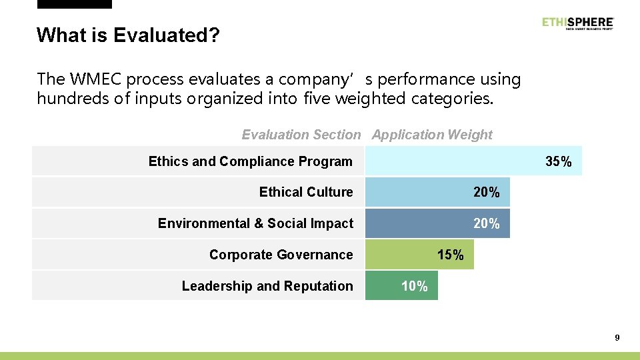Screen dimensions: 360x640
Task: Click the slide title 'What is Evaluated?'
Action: (127, 35)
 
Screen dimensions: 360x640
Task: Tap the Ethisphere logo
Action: (577, 23)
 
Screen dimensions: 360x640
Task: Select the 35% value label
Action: (558, 162)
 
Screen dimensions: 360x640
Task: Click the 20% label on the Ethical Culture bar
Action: (486, 193)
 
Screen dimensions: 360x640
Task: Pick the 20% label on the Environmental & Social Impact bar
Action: (486, 224)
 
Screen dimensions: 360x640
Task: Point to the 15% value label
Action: (450, 255)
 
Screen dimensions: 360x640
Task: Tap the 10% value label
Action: (414, 287)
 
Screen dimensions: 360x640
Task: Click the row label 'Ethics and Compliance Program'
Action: (250, 161)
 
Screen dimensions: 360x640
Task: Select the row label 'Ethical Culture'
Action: (306, 192)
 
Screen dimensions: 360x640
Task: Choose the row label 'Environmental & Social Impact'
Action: (255, 223)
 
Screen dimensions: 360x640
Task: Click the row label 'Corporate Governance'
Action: (281, 255)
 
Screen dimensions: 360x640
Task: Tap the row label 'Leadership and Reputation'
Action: (267, 286)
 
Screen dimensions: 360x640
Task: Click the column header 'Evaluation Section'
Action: (301, 135)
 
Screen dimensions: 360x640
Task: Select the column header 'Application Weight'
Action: (432, 135)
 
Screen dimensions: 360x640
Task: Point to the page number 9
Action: (617, 338)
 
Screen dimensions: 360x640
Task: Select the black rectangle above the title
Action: (74, 4)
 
